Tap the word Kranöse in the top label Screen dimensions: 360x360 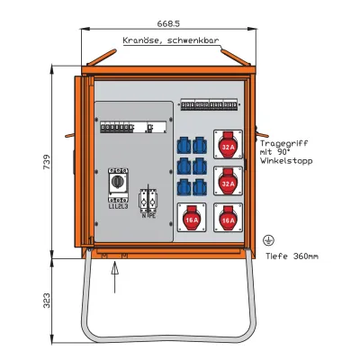click(x=140, y=40)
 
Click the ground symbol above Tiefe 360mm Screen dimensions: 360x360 click(x=267, y=240)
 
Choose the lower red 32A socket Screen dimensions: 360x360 click(x=227, y=184)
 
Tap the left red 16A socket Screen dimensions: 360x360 click(x=190, y=219)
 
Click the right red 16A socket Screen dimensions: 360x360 click(x=227, y=219)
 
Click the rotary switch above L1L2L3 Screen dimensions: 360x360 click(x=118, y=183)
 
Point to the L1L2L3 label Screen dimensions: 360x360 click(x=118, y=206)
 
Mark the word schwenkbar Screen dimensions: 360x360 click(x=192, y=40)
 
